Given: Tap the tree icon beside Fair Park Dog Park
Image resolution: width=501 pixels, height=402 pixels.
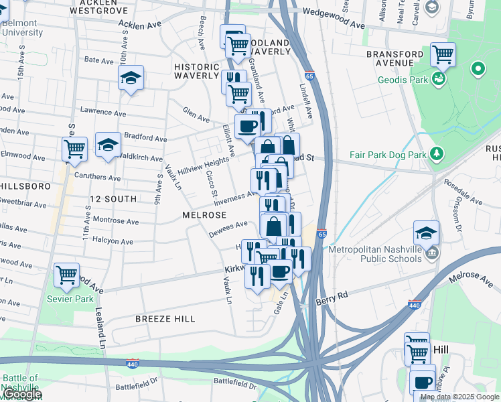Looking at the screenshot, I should (437, 154).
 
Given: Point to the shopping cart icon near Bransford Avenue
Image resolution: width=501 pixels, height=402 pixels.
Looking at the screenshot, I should (443, 54).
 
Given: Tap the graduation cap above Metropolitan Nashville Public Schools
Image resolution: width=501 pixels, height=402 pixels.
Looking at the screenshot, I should (426, 232).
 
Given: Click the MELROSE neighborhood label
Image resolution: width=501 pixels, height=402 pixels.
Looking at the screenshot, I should (203, 215).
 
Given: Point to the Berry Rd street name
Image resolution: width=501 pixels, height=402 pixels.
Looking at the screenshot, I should (334, 295).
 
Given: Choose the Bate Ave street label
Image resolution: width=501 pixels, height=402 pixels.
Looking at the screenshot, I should (98, 60).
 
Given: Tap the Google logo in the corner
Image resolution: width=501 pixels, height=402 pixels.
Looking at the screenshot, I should (21, 394).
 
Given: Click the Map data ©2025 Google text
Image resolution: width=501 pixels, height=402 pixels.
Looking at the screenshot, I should (459, 397).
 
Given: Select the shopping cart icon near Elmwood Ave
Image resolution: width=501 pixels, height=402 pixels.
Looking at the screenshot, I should (74, 149).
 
